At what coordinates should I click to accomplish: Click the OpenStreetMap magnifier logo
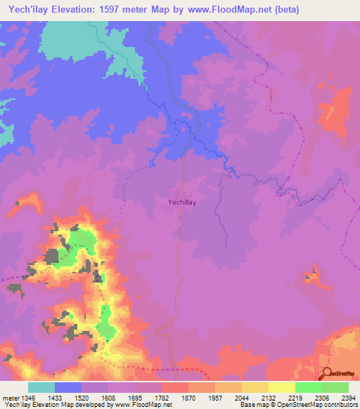click(x=328, y=374)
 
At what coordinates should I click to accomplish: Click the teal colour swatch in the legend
click(x=41, y=387)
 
